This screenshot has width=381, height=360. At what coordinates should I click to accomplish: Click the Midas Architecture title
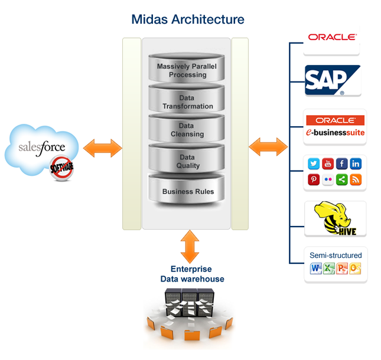click(x=188, y=19)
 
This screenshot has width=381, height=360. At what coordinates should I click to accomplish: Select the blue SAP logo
click(x=333, y=80)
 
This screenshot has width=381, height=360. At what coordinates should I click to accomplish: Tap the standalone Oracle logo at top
click(x=332, y=37)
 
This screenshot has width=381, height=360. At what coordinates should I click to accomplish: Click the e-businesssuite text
click(x=335, y=133)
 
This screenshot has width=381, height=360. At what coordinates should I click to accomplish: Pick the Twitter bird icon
click(x=314, y=164)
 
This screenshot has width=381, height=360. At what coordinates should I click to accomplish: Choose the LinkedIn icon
click(x=356, y=164)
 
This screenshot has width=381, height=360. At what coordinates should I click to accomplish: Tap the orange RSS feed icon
click(x=356, y=179)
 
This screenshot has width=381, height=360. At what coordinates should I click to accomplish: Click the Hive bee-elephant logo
click(x=334, y=219)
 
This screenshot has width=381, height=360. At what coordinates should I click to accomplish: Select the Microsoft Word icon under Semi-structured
click(x=315, y=269)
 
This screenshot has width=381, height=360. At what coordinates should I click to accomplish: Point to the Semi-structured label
click(x=335, y=255)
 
